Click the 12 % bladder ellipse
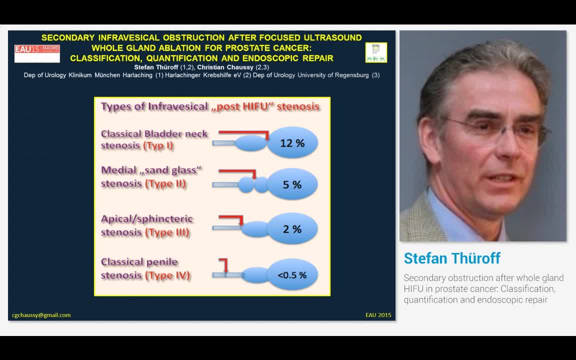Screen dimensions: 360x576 (x=292, y=143)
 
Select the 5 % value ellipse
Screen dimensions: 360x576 (x=292, y=185)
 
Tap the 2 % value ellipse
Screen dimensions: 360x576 (x=292, y=229)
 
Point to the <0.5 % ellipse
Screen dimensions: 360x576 (x=292, y=275)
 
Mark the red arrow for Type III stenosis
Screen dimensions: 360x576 (x=231, y=218)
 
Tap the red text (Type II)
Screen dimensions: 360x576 (x=165, y=183)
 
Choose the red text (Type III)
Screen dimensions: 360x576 (x=167, y=232)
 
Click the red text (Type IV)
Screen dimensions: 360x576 (x=167, y=275)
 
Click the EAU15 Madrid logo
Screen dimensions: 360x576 (x=37, y=53)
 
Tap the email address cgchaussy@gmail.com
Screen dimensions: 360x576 (x=41, y=315)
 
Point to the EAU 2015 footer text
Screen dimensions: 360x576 (x=378, y=315)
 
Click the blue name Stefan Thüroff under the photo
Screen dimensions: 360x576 (x=452, y=258)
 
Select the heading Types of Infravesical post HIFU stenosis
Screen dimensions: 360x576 (x=210, y=106)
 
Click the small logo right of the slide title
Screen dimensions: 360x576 (x=376, y=52)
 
